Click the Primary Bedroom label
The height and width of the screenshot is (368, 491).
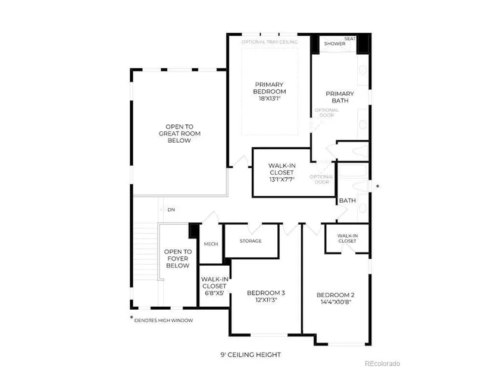point(269,88)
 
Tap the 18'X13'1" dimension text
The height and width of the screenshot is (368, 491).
point(269,99)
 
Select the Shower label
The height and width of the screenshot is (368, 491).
point(334,43)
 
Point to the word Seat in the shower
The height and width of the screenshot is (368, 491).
point(350,39)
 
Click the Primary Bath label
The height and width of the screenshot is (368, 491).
point(340,97)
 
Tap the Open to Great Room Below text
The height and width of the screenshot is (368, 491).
point(179,134)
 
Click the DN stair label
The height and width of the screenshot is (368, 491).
point(171,210)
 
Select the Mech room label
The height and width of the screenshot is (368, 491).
point(211,244)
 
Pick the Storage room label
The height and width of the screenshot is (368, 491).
point(251,241)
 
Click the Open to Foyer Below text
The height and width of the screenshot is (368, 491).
point(178,259)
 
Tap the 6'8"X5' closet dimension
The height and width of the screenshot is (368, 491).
point(214,293)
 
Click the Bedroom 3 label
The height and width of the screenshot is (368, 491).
point(266,293)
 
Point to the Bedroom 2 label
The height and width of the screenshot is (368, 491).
point(336,295)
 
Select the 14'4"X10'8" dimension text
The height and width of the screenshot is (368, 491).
point(336,302)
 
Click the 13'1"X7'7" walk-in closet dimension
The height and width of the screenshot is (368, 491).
point(282,180)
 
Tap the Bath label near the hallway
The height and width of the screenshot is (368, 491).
point(347,200)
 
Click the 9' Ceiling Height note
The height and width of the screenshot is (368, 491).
point(251,354)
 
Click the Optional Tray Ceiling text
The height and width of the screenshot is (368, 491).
point(270,42)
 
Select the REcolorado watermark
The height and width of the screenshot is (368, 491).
point(382,363)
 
